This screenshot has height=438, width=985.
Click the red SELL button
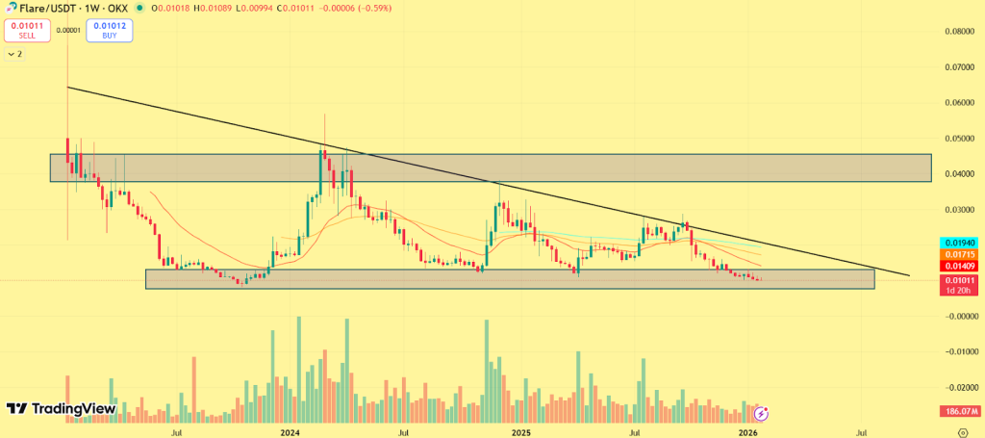pyautogui.click(x=27, y=30)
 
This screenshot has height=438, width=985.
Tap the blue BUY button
pyautogui.click(x=109, y=30)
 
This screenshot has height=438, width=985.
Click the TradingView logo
pyautogui.click(x=62, y=409)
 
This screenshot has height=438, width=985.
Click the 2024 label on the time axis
pyautogui.click(x=291, y=433)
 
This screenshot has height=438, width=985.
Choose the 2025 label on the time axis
pyautogui.click(x=520, y=433)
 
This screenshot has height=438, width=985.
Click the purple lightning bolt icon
pyautogui.click(x=761, y=414)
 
